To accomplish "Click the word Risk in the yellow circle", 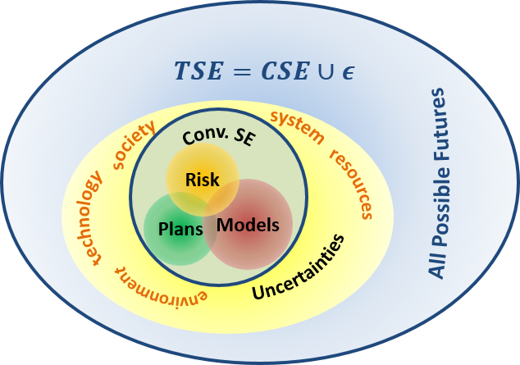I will coord(203,179).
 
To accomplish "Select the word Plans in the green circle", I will coord(180,229).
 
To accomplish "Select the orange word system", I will coord(296,125).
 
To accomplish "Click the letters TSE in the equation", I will coord(200,71).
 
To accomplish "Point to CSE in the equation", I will coord(284,71).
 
